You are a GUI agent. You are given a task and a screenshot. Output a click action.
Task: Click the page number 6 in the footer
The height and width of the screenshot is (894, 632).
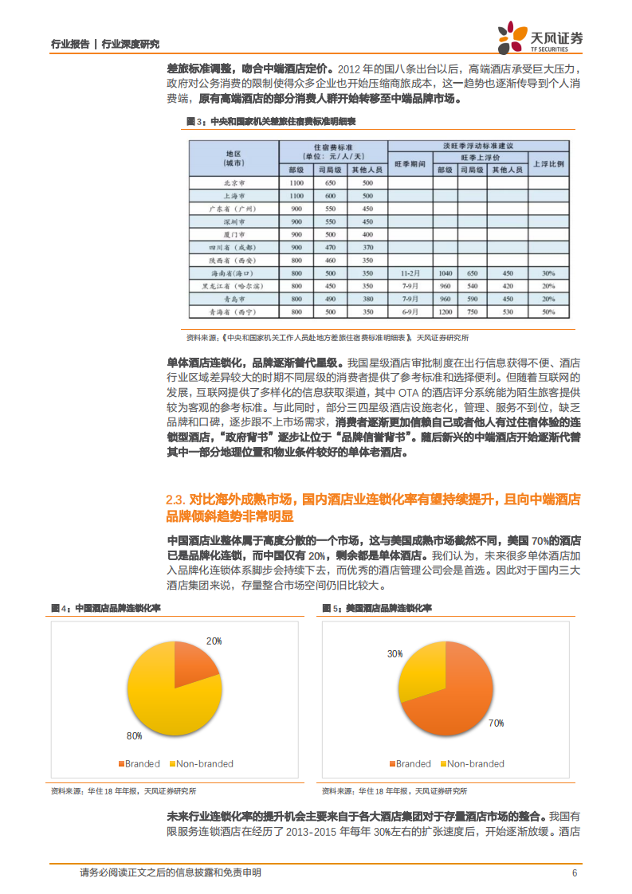574,872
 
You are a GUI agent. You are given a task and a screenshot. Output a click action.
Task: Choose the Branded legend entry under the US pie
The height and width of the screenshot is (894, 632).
410,763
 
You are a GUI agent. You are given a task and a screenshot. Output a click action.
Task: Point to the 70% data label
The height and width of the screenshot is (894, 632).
496,723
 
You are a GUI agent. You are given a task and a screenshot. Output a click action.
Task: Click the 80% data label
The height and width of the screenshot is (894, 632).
133,735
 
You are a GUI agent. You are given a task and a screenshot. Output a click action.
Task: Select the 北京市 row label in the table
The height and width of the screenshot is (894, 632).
234,182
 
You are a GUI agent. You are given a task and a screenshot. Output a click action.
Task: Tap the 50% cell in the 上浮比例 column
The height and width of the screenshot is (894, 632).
548,311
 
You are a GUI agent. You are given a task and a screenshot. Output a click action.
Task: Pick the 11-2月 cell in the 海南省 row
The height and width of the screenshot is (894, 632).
410,273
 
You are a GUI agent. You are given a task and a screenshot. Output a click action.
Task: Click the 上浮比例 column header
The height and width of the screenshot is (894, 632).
548,163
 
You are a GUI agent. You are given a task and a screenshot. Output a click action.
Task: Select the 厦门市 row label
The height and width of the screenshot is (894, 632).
234,234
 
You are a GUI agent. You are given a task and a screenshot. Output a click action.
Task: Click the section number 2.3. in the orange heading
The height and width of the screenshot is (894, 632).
175,500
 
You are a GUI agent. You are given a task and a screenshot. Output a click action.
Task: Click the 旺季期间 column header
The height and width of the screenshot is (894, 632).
410,163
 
